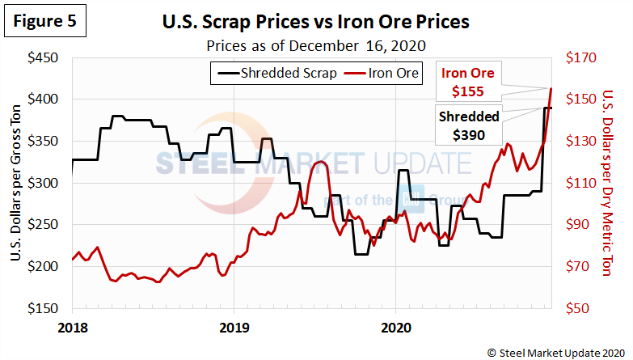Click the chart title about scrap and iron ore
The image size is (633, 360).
click(x=317, y=23)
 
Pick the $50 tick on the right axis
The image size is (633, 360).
click(x=580, y=308)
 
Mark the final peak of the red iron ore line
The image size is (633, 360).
click(x=551, y=88)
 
